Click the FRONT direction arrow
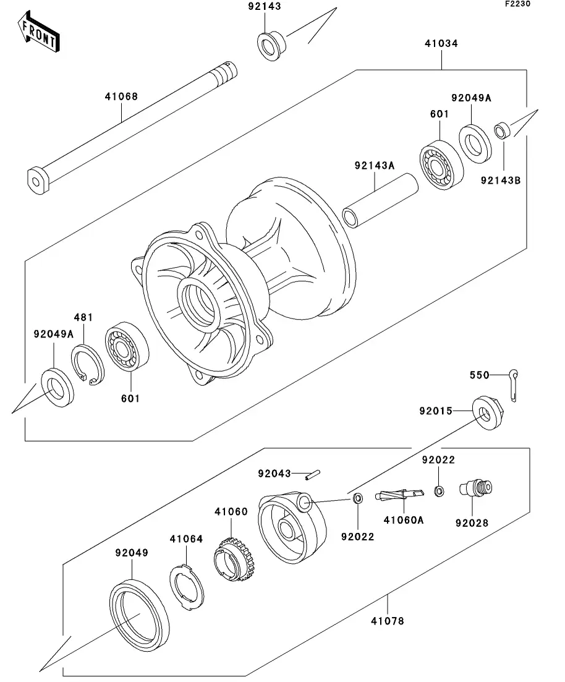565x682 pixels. (38, 33)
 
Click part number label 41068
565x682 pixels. (121, 96)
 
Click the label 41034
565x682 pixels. (441, 44)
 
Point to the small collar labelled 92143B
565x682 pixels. (501, 131)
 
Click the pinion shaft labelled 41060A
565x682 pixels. (399, 495)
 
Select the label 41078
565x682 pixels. (388, 620)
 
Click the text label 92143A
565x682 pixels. (375, 165)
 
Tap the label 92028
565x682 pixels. (472, 522)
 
